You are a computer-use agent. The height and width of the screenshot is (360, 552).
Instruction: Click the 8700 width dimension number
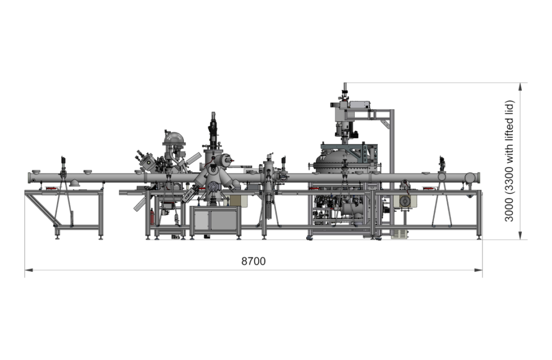tap(253, 261)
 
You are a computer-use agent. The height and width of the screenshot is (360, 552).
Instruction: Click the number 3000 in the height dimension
tap(509, 209)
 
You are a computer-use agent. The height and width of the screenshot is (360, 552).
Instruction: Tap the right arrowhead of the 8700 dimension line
tap(479, 270)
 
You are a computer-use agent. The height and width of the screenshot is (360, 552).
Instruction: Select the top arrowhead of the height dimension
tap(520, 87)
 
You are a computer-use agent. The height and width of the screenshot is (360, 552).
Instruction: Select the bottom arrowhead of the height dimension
tap(520, 236)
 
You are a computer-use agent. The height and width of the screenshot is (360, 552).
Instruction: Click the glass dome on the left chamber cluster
tap(174, 139)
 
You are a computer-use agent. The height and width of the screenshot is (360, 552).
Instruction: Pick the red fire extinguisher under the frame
tap(151, 217)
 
